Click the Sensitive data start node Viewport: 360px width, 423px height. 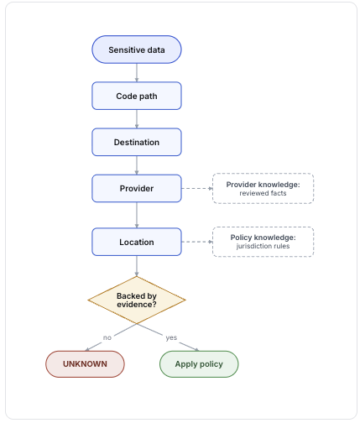click(x=137, y=50)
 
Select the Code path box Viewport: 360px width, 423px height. click(x=137, y=96)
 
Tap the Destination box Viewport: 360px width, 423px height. click(x=137, y=142)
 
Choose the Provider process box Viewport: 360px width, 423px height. click(x=137, y=188)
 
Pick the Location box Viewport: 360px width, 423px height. click(x=137, y=242)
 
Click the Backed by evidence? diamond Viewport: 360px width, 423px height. click(x=137, y=300)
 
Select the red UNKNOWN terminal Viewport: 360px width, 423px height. click(x=85, y=364)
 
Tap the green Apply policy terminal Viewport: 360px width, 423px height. click(x=199, y=364)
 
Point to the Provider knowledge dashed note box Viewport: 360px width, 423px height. click(x=263, y=188)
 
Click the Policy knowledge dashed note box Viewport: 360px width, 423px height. click(x=263, y=242)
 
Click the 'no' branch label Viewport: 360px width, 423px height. click(x=107, y=337)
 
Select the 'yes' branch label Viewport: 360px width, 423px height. click(x=171, y=337)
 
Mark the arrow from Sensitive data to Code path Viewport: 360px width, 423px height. click(x=137, y=73)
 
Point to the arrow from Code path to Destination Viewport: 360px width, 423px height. click(x=137, y=119)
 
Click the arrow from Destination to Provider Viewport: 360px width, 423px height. click(x=137, y=165)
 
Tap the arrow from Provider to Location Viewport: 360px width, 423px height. click(x=137, y=215)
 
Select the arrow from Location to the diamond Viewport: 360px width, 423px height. click(x=137, y=266)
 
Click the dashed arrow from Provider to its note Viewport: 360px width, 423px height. click(x=197, y=188)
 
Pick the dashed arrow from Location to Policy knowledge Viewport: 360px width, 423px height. click(x=197, y=242)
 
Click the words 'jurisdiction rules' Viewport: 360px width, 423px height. click(x=263, y=246)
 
